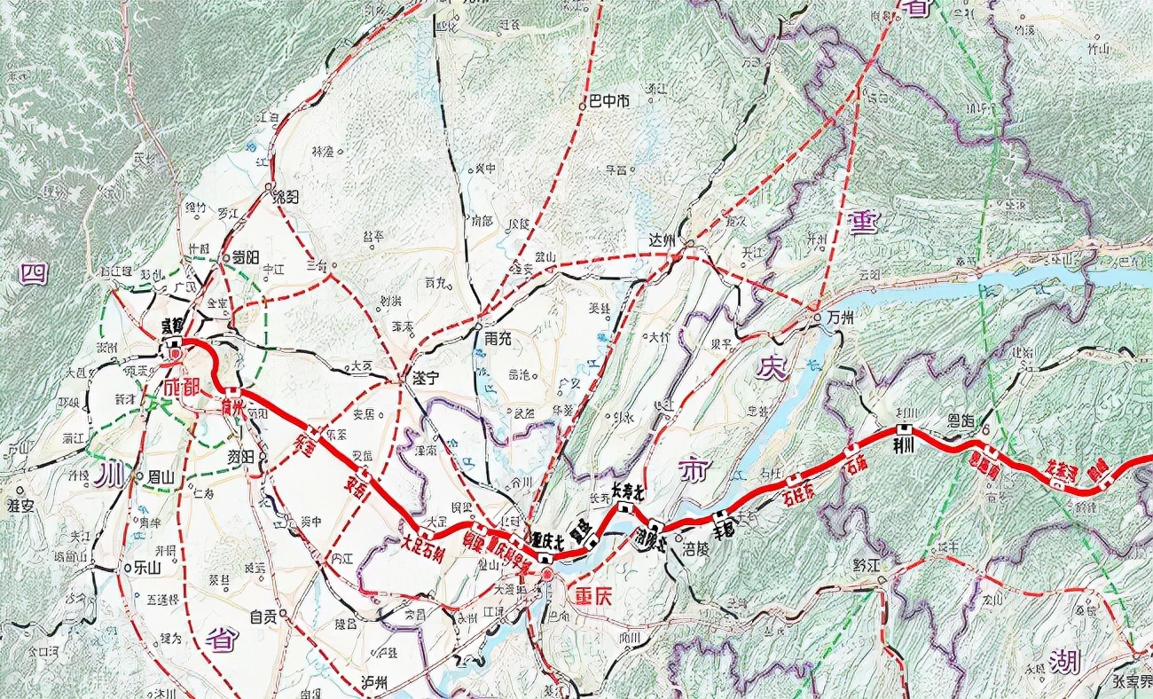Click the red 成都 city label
(x=183, y=389)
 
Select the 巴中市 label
(x=609, y=101)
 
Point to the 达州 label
(x=663, y=240)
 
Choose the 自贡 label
(x=263, y=617)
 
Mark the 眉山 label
(x=161, y=476)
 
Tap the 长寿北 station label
(x=627, y=491)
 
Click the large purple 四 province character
(x=33, y=272)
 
